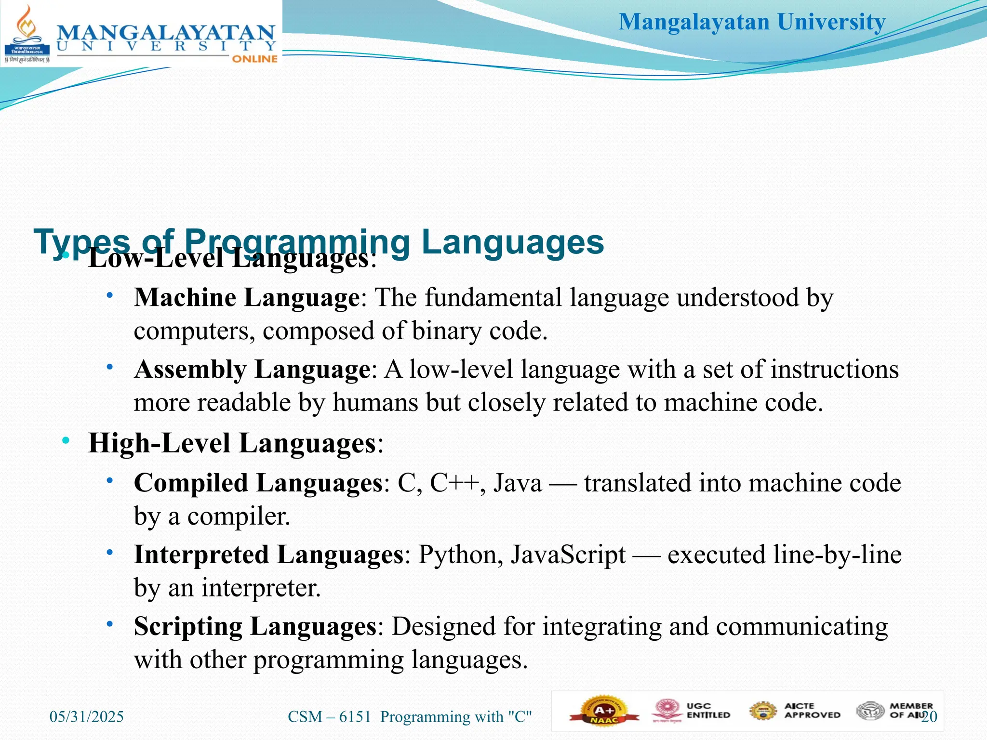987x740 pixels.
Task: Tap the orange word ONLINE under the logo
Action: pyautogui.click(x=254, y=59)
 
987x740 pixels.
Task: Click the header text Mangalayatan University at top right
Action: pyautogui.click(x=752, y=22)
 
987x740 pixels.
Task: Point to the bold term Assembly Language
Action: pyautogui.click(x=252, y=370)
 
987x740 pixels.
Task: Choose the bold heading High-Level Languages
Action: pyautogui.click(x=232, y=443)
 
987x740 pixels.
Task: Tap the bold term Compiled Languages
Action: pyautogui.click(x=258, y=483)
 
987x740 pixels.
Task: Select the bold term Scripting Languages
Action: pyautogui.click(x=255, y=626)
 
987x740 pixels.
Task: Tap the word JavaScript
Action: pyautogui.click(x=568, y=555)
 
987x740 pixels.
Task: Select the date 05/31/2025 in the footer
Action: pyautogui.click(x=87, y=716)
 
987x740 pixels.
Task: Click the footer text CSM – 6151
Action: pyautogui.click(x=330, y=716)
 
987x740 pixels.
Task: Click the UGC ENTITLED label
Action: pyautogui.click(x=708, y=711)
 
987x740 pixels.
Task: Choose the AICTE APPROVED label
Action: pyautogui.click(x=812, y=711)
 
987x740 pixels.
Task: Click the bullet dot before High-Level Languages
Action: pyautogui.click(x=66, y=440)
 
